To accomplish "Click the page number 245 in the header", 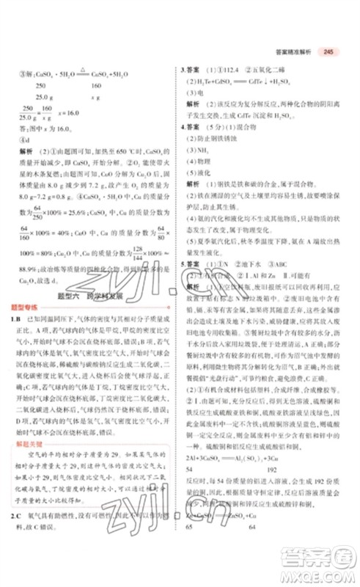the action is (328, 51).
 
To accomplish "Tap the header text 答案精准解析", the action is (290, 51).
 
